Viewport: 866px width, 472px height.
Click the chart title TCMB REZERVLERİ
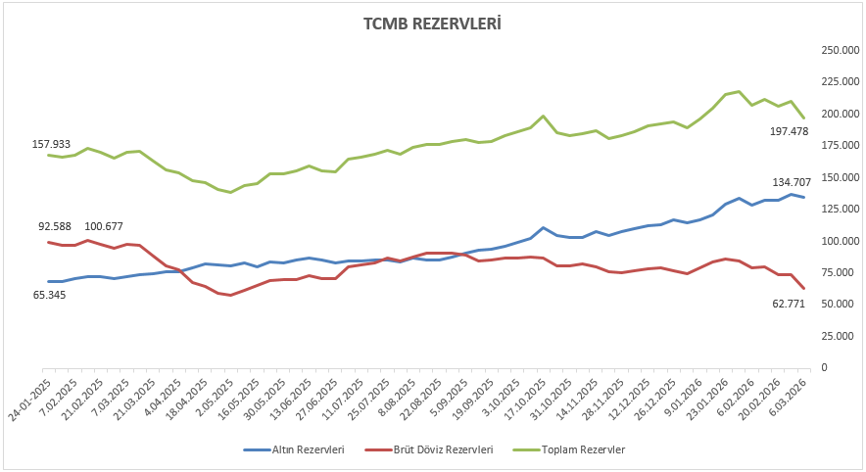point(433,23)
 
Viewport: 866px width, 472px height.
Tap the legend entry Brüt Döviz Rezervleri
point(444,448)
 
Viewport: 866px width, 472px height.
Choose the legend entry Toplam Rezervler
point(583,448)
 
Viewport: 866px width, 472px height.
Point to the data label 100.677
point(103,227)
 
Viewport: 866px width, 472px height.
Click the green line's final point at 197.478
point(803,118)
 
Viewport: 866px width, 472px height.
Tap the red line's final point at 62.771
point(803,288)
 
